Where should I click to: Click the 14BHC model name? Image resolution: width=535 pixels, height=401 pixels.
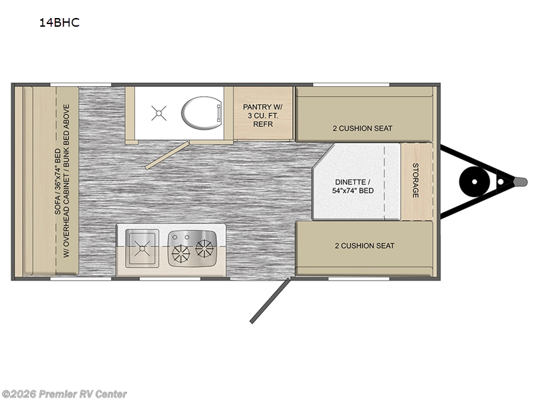60,23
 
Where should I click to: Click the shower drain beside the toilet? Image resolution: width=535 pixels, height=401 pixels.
158,113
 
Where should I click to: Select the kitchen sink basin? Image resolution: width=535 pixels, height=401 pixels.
142,248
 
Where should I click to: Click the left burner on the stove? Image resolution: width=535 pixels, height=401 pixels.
180,254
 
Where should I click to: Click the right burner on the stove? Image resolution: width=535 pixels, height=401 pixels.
204,248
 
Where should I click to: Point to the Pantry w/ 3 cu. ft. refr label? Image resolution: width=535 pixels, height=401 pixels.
263,116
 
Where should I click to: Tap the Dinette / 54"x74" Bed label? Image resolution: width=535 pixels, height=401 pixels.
353,186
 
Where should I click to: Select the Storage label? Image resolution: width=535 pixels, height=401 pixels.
415,180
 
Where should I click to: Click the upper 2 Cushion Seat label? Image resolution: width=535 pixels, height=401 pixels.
362,128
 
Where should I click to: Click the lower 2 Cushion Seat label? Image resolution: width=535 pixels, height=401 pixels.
364,246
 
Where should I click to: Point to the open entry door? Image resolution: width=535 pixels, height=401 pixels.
270,300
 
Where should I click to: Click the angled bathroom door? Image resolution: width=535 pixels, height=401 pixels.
167,155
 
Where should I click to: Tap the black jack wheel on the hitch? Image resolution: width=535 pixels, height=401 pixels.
474,182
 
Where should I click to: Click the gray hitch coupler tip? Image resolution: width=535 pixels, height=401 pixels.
521,182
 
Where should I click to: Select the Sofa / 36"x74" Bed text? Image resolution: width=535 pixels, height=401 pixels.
58,182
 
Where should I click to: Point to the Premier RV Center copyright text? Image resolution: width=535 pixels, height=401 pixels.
64,394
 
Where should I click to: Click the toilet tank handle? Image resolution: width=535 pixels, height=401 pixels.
219,113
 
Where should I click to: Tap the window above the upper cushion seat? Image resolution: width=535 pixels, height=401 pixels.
351,84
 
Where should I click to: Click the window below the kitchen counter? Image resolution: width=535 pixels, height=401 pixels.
170,279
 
